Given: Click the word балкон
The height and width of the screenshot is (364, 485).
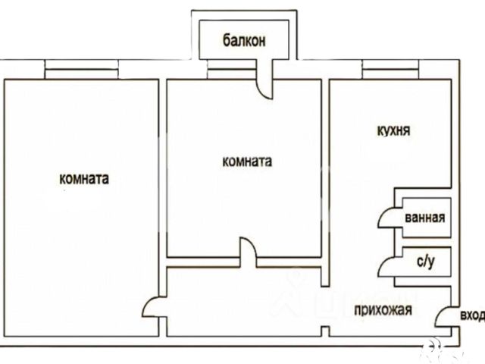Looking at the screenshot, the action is [x=244, y=41].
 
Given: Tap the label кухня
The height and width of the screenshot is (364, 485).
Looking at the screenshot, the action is [x=393, y=130].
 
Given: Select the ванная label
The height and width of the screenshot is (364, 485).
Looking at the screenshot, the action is [x=424, y=218].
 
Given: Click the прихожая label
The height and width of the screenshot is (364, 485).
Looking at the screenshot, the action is [x=382, y=309].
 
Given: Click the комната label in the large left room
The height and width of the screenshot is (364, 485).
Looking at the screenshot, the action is [x=83, y=180].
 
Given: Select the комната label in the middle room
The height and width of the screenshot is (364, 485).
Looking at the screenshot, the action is [x=247, y=162].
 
